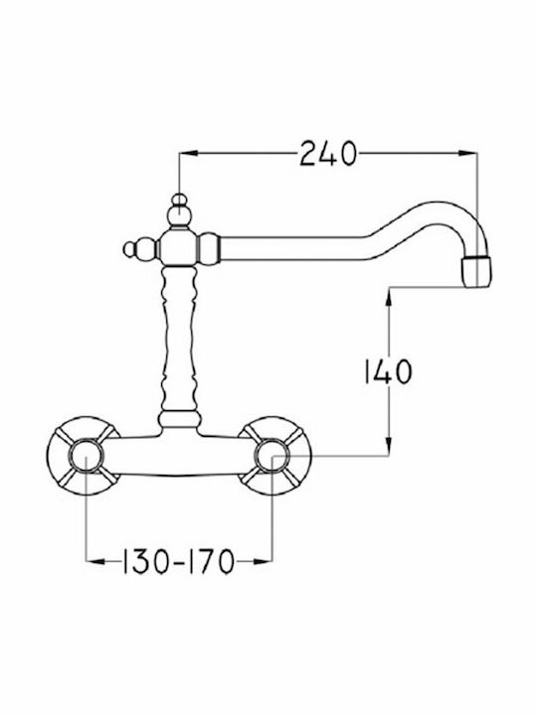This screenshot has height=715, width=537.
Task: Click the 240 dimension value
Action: pos(327,154)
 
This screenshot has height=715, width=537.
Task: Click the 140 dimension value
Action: pos(388,371)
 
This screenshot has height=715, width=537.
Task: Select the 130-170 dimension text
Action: pos(179,561)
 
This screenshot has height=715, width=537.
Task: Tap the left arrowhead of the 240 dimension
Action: pos(188,154)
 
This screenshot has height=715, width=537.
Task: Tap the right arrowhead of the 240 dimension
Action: pos(468,154)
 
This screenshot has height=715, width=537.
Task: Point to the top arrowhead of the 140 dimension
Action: pos(389,296)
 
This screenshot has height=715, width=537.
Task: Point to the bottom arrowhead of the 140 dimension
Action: pos(389,447)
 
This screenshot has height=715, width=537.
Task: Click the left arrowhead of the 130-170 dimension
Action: pos(95,561)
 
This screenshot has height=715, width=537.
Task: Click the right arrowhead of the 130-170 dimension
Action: pos(263,561)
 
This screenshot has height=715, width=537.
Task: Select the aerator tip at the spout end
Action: pos(477,272)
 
